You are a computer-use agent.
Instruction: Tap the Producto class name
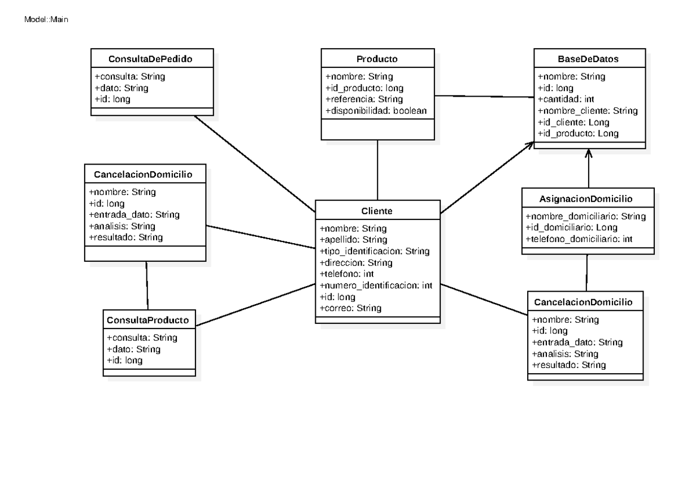377,59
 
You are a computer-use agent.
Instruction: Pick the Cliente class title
377,211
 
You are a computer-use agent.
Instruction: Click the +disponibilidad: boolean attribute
376,111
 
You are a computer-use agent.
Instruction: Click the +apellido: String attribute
353,240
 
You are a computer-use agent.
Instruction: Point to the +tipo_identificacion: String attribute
375,251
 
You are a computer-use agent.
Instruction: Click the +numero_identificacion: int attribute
376,286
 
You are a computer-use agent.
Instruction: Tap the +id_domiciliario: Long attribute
571,227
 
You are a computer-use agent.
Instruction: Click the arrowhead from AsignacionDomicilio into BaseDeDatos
589,153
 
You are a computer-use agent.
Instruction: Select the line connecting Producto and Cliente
377,170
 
